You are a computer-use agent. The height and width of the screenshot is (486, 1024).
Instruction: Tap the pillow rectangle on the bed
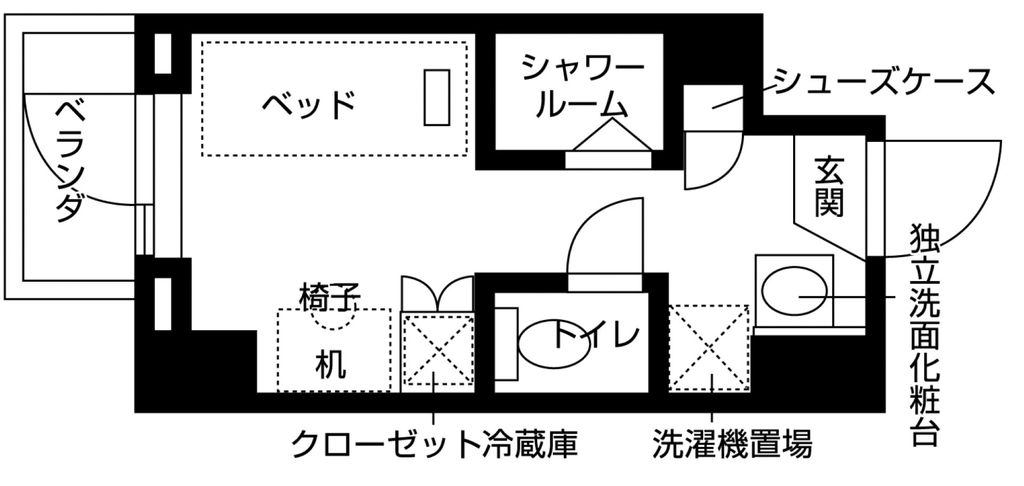click(x=436, y=97)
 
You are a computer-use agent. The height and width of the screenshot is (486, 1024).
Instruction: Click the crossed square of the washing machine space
click(x=709, y=347)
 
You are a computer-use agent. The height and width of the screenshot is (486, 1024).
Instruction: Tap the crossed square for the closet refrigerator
click(x=436, y=348)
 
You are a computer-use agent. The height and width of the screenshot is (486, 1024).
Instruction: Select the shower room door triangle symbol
click(x=609, y=136)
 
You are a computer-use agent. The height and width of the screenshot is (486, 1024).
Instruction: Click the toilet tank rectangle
click(x=506, y=343)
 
